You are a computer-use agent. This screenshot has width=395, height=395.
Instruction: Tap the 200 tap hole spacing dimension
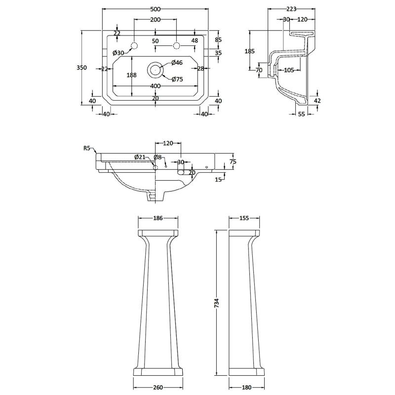[x=156, y=19]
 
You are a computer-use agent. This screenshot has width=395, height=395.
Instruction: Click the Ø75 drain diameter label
[x=177, y=79]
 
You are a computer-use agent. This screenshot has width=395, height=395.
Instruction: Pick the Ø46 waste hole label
[x=177, y=63]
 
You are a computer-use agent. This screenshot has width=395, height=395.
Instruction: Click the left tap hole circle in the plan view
[x=133, y=46]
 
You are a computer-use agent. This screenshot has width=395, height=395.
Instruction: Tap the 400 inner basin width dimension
[x=156, y=86]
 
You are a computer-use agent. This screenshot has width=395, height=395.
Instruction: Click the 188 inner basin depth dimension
[x=131, y=75]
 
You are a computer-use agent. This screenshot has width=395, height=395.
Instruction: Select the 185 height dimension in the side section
[x=250, y=51]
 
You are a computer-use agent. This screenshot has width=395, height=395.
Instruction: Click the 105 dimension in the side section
[x=289, y=70]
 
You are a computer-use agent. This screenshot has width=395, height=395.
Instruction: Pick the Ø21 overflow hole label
[x=140, y=157]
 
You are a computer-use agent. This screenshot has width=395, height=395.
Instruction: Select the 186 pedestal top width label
[x=158, y=218]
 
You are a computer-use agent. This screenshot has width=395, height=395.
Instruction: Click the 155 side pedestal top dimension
[x=244, y=218]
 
